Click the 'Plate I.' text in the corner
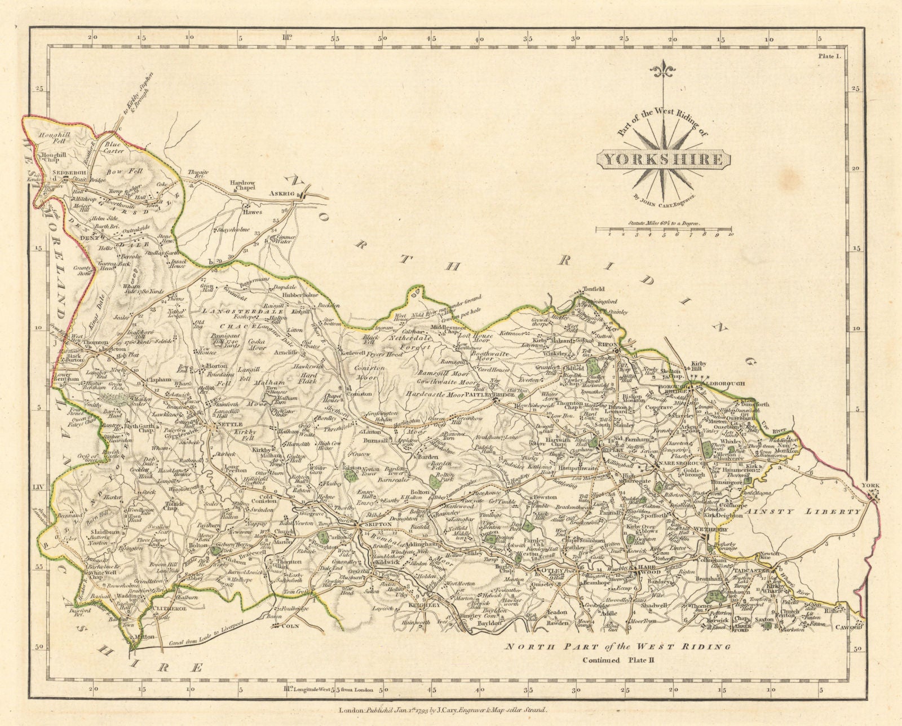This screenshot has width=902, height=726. (x=829, y=55)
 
